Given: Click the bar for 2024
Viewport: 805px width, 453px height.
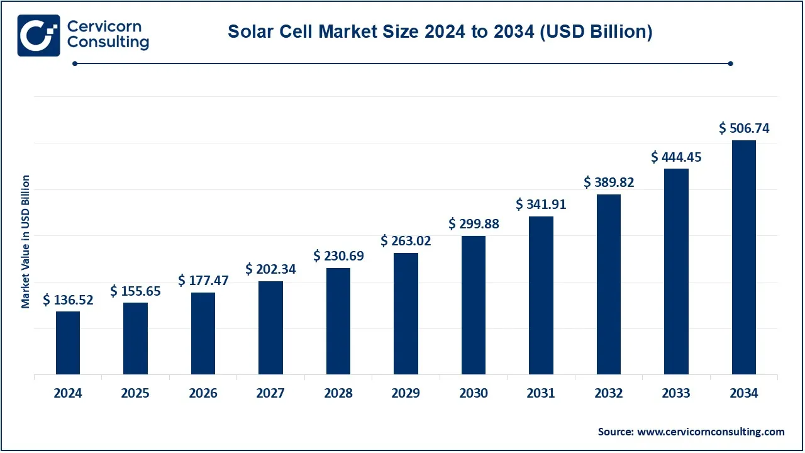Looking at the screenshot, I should tap(68, 343).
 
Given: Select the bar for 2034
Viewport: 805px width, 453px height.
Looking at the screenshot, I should tap(744, 257).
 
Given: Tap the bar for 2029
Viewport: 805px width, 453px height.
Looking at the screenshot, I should tap(406, 313).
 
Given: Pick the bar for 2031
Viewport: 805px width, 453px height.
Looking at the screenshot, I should tap(541, 296).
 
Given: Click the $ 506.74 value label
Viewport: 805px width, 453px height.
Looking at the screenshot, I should tap(744, 128).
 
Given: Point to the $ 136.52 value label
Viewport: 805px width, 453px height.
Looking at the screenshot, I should tap(68, 300).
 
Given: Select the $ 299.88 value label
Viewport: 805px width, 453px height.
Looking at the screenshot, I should tap(474, 224).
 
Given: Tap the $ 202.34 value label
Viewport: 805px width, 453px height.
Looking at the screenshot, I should tap(270, 269).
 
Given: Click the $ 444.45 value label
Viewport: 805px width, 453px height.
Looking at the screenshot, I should tap(676, 157).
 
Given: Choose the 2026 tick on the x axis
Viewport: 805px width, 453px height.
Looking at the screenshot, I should tap(203, 393).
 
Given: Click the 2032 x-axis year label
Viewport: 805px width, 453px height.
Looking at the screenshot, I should tap(609, 393).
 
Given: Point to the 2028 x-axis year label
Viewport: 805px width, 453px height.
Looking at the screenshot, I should tap(338, 393).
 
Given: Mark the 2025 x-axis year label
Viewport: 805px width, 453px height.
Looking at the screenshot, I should tap(135, 393).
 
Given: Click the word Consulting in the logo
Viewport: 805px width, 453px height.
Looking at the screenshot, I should tap(108, 43).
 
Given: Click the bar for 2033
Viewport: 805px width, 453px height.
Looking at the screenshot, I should tap(676, 271).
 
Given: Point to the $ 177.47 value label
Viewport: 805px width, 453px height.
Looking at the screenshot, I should tap(203, 281).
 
